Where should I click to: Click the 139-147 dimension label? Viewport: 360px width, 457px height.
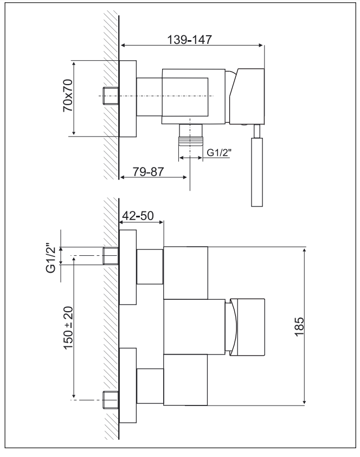(189, 40)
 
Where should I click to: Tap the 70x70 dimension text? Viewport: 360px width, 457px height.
(68, 95)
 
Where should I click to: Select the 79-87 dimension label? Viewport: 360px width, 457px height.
(149, 172)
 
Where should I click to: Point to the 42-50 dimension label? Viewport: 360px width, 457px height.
(138, 216)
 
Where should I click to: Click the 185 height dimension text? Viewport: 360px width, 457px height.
(299, 327)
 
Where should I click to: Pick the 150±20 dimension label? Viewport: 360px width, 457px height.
(68, 328)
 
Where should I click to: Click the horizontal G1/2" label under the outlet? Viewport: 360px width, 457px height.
(219, 152)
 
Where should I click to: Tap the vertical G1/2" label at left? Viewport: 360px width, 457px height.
(50, 258)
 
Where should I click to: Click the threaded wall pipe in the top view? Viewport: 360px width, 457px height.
(111, 95)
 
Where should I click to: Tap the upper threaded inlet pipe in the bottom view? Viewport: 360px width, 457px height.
(111, 256)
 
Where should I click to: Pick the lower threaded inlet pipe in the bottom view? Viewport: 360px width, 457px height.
(111, 400)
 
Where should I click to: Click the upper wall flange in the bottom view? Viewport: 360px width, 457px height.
(127, 267)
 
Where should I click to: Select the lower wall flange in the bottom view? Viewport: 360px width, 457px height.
(127, 385)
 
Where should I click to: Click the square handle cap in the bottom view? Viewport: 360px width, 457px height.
(251, 327)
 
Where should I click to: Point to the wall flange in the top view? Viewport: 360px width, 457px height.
(127, 99)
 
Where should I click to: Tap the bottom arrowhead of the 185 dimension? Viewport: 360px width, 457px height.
(304, 402)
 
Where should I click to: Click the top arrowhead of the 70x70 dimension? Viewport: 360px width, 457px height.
(74, 65)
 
